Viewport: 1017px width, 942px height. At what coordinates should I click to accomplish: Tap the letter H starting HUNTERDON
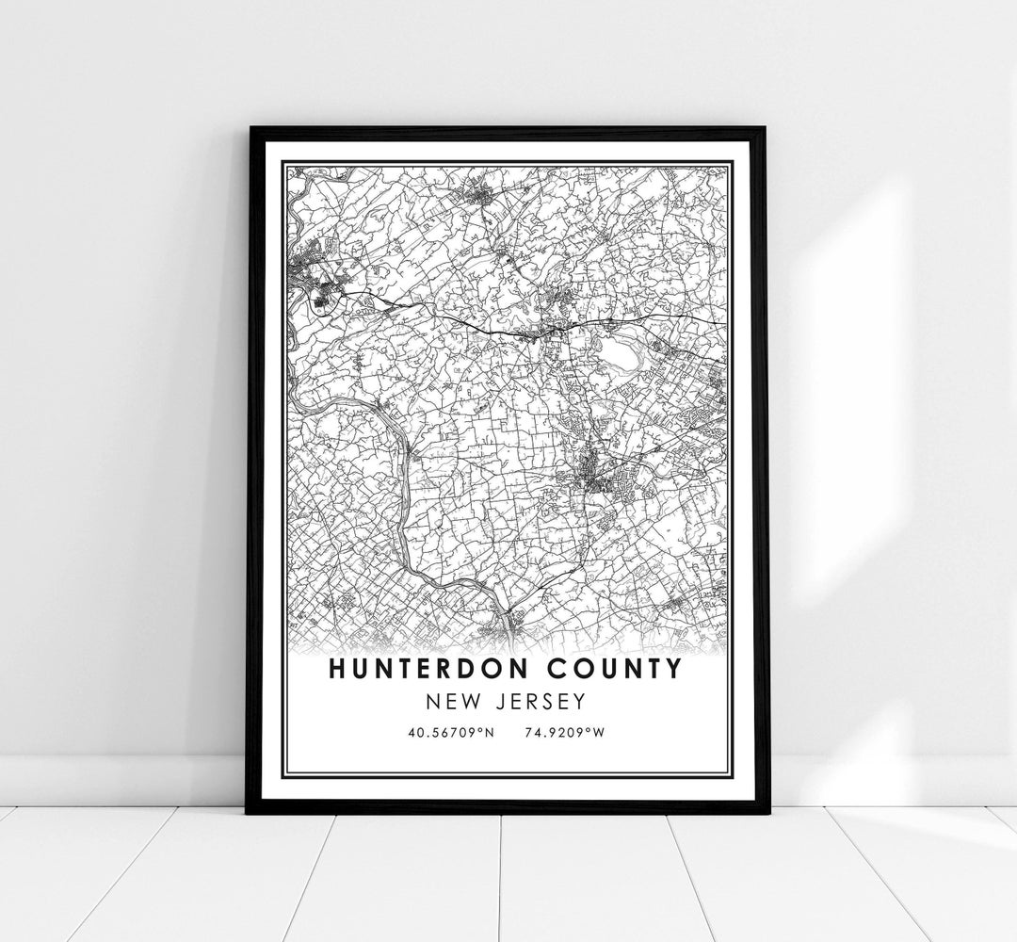coord(337,670)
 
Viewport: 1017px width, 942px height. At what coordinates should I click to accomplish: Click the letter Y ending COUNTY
coord(672,670)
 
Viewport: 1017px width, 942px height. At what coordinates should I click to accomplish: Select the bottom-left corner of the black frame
coord(248,811)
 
